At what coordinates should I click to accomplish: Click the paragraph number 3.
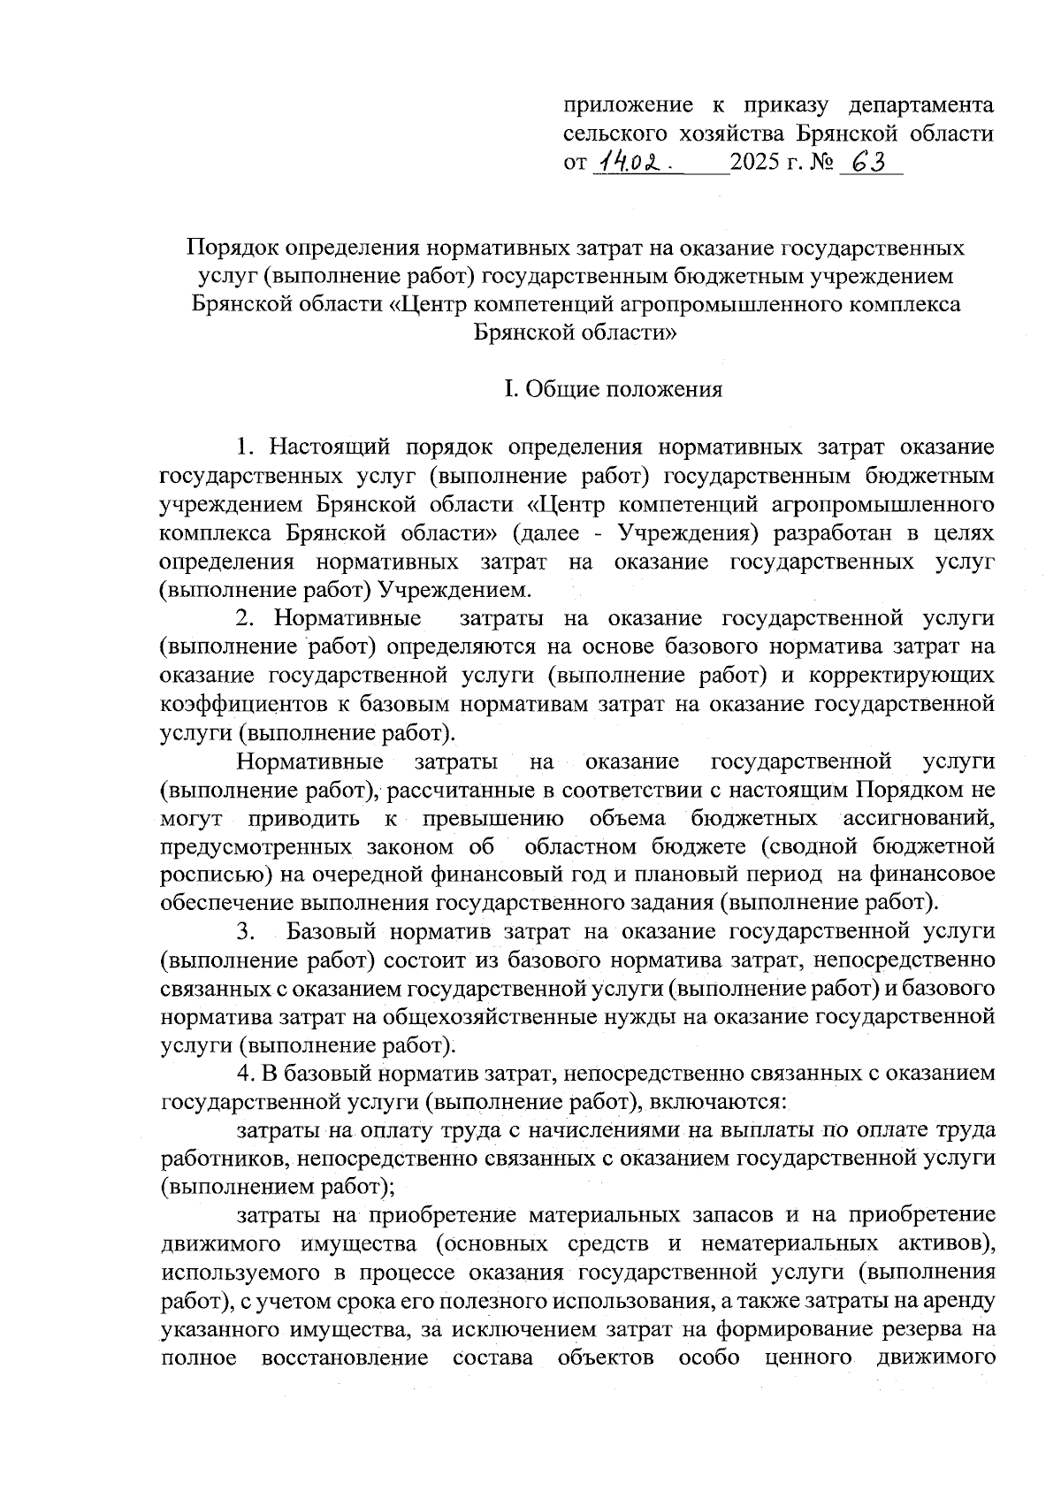[x=245, y=931]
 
